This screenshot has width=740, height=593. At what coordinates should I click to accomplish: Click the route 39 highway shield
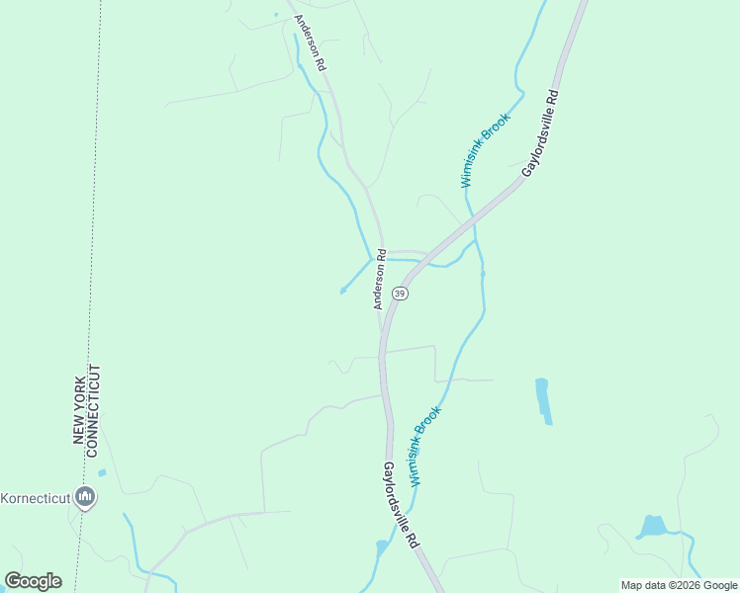pos(400,294)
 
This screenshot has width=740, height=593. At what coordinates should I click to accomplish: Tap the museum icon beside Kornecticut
pos(85,496)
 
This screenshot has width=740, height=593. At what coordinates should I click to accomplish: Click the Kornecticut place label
pos(36,497)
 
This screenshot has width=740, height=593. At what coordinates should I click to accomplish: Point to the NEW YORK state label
pos(80,404)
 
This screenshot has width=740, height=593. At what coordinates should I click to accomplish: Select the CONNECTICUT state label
pos(95,409)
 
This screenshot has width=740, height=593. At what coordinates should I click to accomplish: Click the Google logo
pos(33,581)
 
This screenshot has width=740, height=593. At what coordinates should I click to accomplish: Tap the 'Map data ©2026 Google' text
pos(680,585)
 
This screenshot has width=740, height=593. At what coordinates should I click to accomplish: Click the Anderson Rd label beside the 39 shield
pos(379,285)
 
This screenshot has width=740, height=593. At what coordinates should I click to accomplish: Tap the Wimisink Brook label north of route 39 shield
pos(485,150)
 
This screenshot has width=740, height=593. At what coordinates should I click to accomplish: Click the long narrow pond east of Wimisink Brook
pos(542,399)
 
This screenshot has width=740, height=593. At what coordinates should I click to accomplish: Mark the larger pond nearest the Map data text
pos(652,526)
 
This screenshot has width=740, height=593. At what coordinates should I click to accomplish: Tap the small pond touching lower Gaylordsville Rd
pos(383,547)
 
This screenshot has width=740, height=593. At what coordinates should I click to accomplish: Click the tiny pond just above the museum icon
pos(102,472)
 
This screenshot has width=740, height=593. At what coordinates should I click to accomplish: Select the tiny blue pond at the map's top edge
pos(276,15)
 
